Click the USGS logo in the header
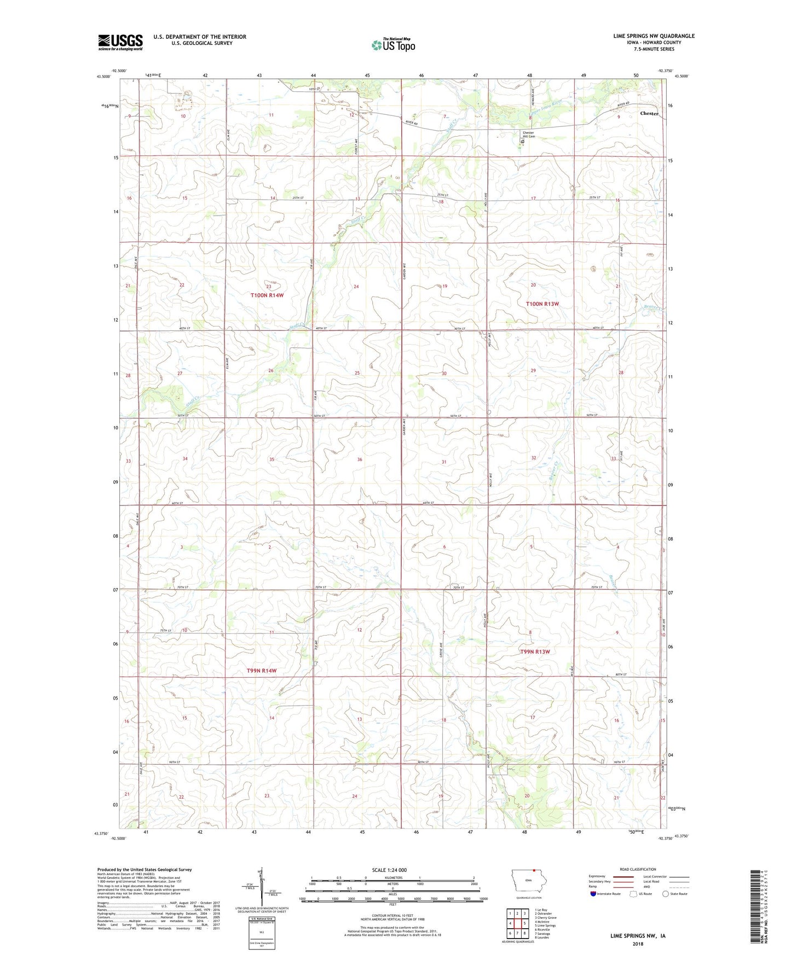pos(120,42)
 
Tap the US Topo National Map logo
pos(392,44)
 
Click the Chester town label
pos(649,113)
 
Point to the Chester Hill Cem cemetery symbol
pos(523,141)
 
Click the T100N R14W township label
pos(267,295)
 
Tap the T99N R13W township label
pos(534,651)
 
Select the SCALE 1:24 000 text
pos(389,870)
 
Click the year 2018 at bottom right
pos(638,944)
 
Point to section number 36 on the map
pos(360,459)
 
